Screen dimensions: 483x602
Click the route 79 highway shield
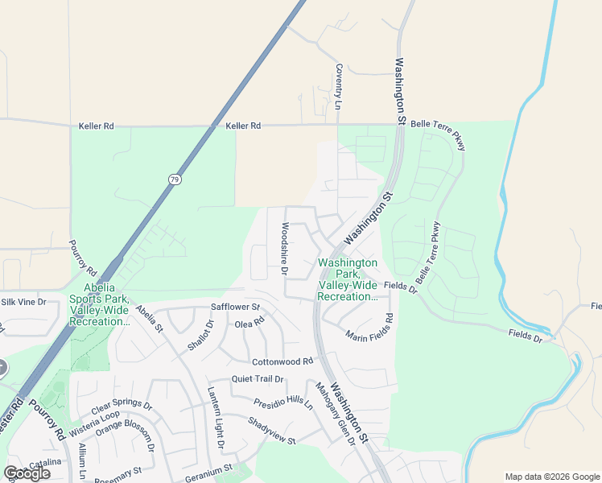point(174,179)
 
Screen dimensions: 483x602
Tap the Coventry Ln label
point(339,87)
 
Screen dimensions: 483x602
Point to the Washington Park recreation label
point(348,279)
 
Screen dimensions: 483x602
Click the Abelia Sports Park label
point(99,305)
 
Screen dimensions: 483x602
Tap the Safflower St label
point(235,308)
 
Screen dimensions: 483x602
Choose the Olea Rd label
point(249,323)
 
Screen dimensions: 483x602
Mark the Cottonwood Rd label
point(282,362)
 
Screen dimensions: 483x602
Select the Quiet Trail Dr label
point(258,379)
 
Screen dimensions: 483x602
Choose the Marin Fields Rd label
point(372,327)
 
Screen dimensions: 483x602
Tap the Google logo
point(27,473)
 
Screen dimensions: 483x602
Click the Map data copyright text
point(551,477)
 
